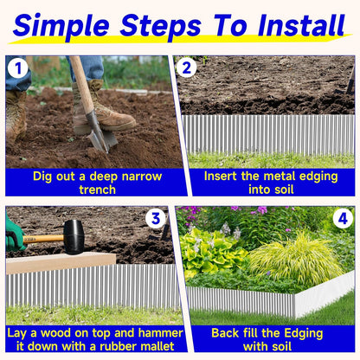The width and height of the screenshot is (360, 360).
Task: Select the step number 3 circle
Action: [156, 218]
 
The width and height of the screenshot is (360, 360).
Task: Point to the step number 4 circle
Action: [343, 218]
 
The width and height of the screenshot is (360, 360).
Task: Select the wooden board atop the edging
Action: [61, 262]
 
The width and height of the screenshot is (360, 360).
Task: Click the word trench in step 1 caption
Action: [96, 189]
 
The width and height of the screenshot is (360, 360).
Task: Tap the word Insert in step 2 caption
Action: [223, 176]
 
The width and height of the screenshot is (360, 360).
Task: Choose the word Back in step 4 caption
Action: [226, 333]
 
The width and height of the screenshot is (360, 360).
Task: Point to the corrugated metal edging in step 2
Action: [268, 134]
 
